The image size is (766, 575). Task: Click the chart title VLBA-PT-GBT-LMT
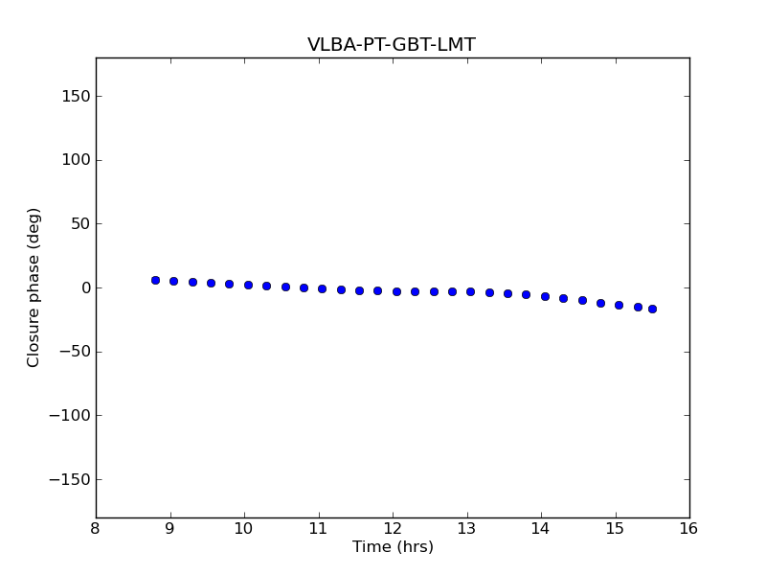(x=392, y=45)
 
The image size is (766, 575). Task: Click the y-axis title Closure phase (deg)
(x=34, y=287)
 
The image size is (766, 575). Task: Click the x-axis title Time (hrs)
(x=393, y=547)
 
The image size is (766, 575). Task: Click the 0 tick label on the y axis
(x=86, y=287)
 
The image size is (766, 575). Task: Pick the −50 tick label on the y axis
(x=75, y=352)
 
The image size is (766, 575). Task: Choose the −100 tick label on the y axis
(x=70, y=415)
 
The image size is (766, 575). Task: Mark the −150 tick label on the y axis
(x=70, y=479)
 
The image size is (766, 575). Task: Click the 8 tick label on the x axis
(x=96, y=528)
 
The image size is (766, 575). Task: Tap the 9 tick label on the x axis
(x=170, y=528)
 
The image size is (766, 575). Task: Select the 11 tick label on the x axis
(x=318, y=528)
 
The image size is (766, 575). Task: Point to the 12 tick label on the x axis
(x=393, y=528)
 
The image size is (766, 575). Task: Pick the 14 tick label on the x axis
(x=541, y=528)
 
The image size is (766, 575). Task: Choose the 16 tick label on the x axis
(x=689, y=528)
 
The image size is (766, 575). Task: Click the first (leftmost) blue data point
(x=155, y=280)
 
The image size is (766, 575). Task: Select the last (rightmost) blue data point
(x=652, y=309)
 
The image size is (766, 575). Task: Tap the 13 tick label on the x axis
(x=466, y=528)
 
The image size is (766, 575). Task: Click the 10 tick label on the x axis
(x=244, y=528)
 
